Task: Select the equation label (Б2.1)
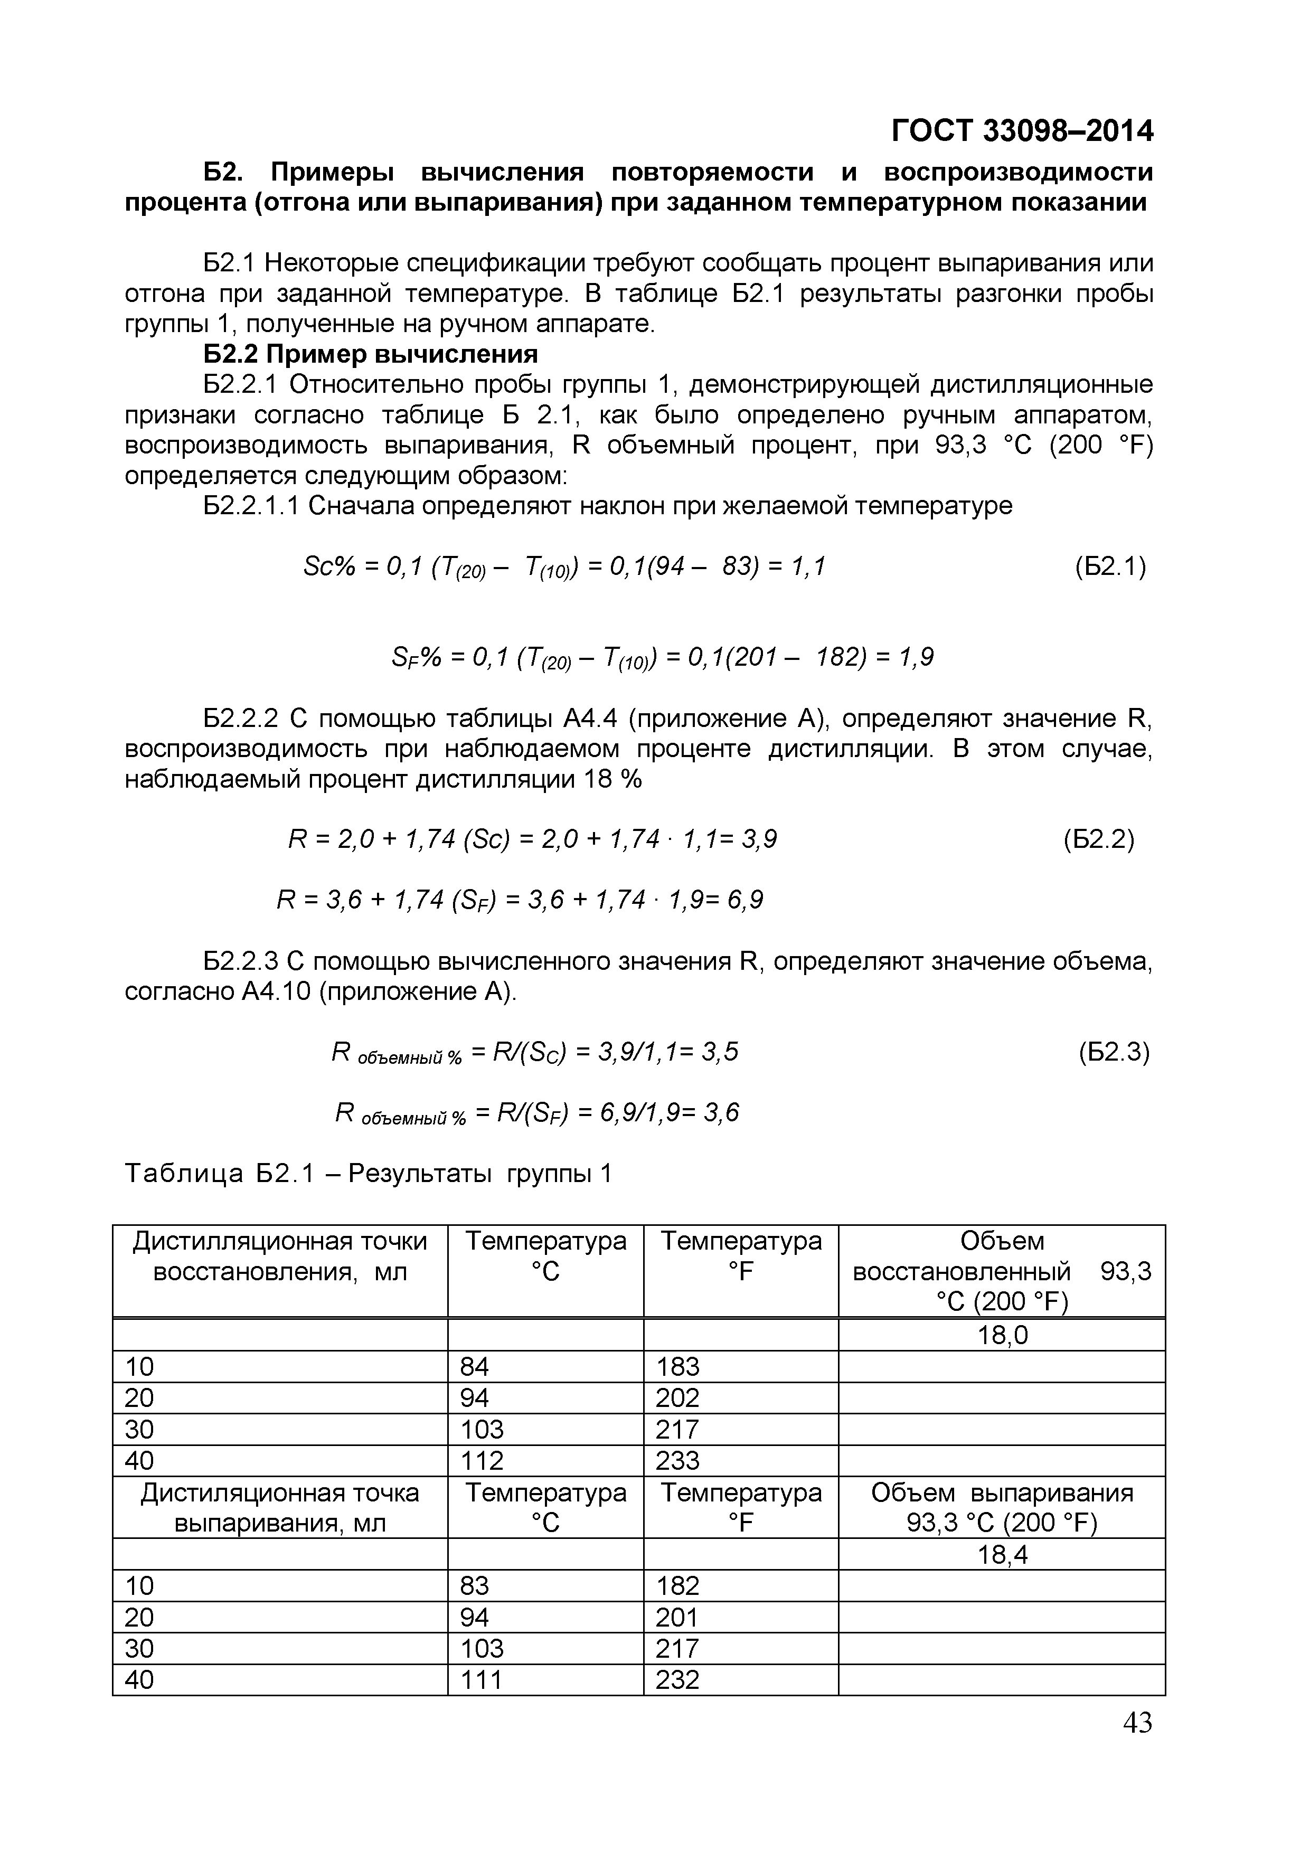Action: tap(1110, 567)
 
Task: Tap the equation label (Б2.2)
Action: tap(1099, 840)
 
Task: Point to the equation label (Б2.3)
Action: tap(1113, 1052)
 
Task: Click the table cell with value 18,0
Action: tap(1002, 1336)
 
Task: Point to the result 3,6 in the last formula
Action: tap(721, 1113)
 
